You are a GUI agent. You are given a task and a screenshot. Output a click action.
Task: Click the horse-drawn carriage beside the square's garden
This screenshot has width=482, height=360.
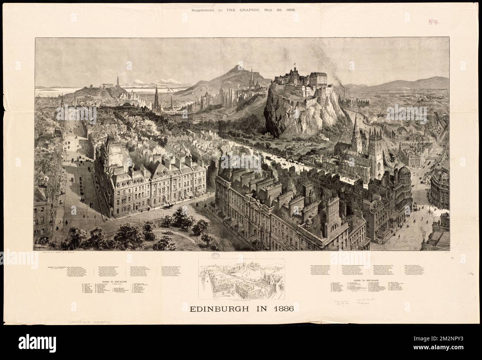coord(171,205)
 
